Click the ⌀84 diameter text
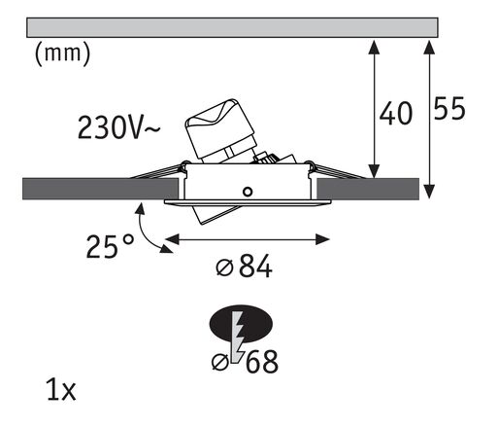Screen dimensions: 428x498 point(239,266)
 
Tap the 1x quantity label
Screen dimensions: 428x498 point(60,392)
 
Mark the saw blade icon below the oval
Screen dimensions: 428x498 point(236,342)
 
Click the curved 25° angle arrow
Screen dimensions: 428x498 point(149,229)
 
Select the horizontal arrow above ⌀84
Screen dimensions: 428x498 point(249,236)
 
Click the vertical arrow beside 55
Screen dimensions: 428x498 point(427,118)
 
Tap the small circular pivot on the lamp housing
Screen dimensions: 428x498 point(250,190)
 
